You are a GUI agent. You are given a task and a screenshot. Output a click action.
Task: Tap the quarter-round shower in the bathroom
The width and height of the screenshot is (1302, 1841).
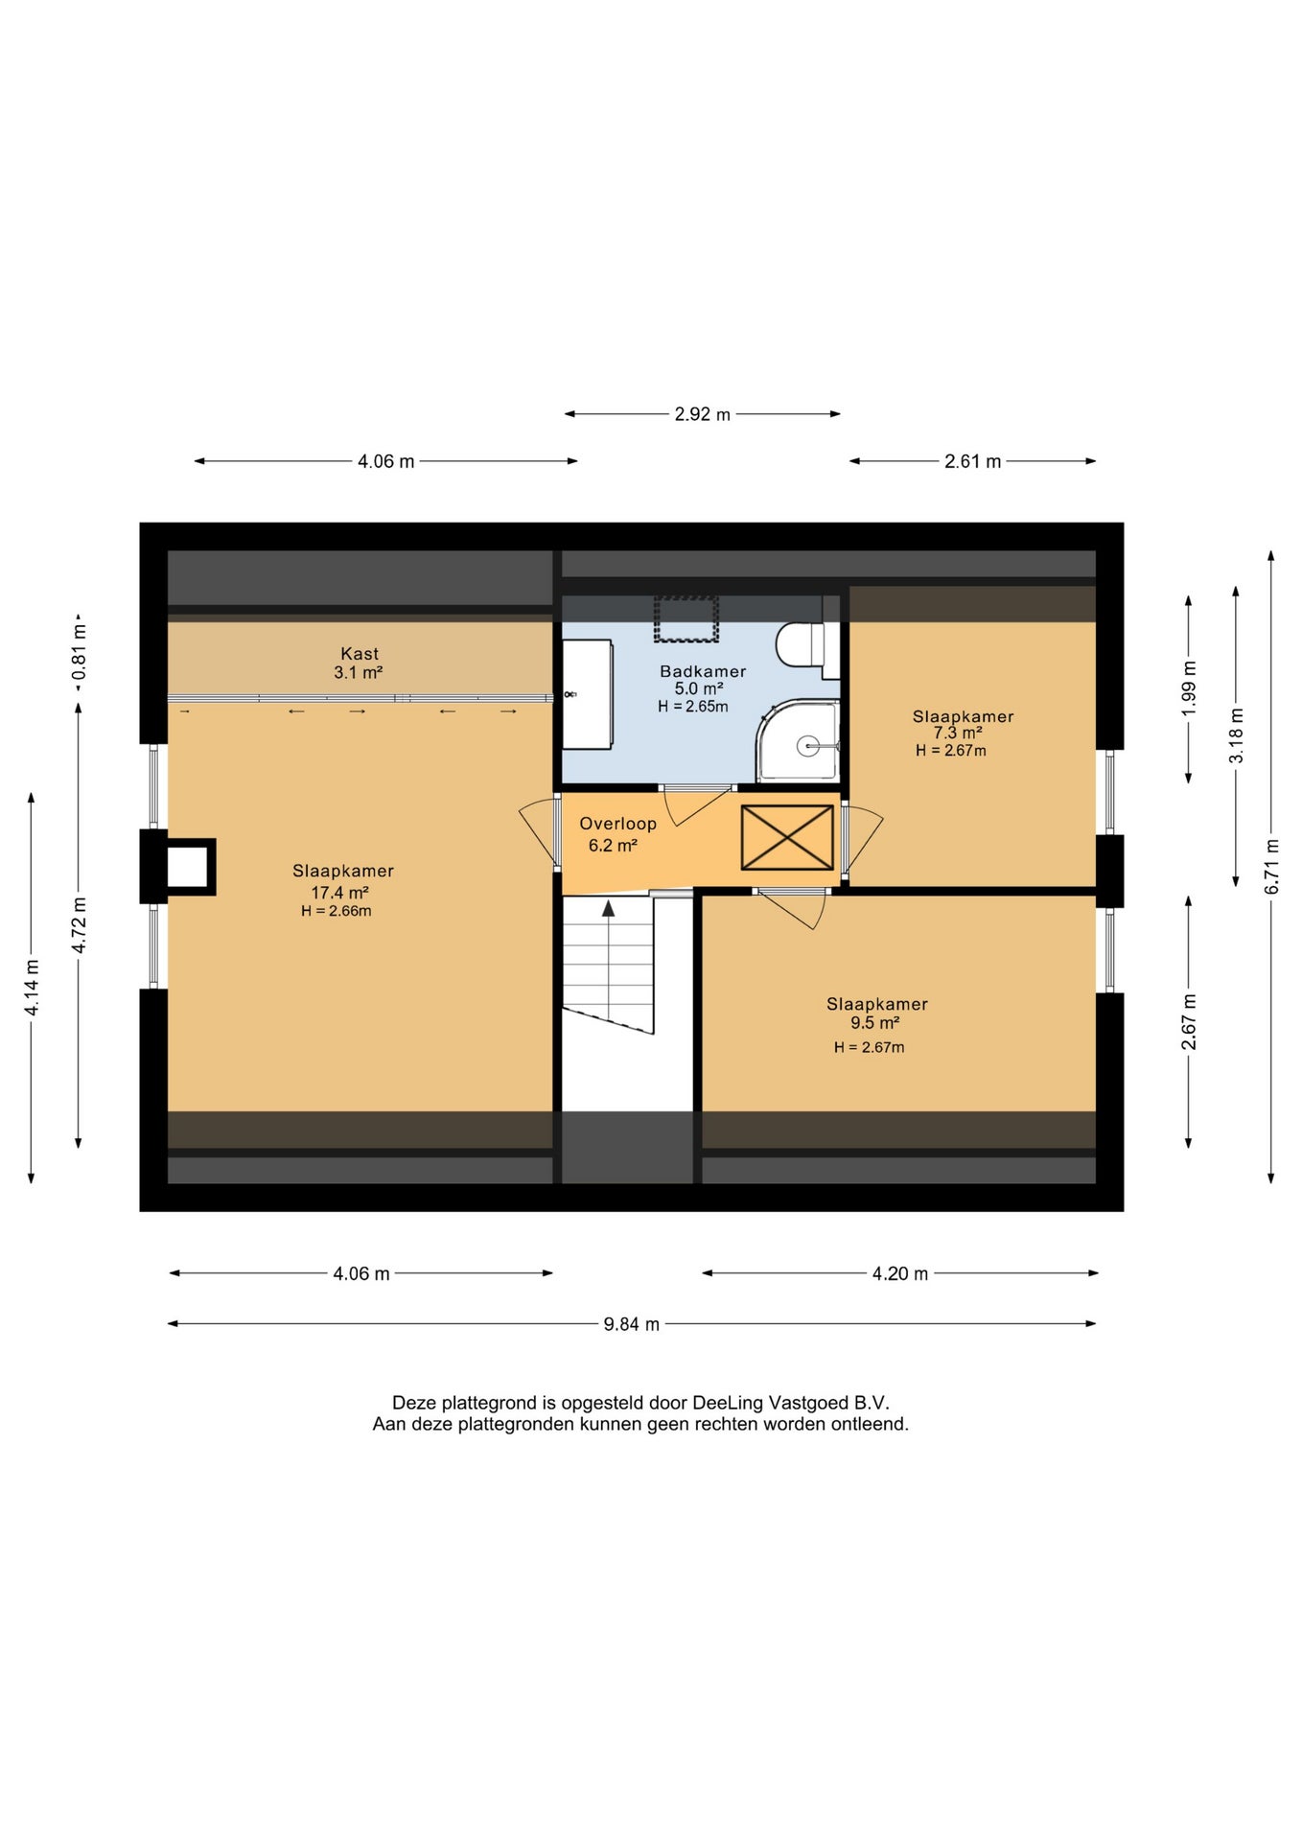798,740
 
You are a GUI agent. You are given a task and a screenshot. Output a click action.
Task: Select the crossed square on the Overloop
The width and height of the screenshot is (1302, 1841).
787,838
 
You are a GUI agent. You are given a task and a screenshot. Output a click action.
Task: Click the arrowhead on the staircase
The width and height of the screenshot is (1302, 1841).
608,908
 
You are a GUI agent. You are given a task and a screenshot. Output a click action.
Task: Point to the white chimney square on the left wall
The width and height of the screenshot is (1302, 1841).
188,867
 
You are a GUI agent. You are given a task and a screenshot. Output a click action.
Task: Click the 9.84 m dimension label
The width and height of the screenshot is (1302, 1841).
631,1324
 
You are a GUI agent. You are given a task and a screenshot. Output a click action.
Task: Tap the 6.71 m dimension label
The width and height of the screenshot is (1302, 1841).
1271,867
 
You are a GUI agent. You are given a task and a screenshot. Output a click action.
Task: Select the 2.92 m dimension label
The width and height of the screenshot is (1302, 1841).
702,414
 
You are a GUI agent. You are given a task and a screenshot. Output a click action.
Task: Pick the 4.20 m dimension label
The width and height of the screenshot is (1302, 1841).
899,1273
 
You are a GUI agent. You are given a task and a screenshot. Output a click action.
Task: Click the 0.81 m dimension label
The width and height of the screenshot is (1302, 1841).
79,653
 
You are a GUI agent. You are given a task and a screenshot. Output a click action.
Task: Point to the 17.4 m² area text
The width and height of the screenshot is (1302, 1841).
339,893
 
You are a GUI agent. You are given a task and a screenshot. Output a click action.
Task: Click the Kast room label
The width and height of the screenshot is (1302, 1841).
360,654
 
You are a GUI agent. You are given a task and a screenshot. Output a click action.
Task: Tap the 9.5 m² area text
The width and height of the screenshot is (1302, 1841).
874,1023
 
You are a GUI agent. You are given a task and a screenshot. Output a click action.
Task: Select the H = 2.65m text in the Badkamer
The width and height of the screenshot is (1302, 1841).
693,707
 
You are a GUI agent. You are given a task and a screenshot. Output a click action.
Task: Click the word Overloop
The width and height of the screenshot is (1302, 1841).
617,824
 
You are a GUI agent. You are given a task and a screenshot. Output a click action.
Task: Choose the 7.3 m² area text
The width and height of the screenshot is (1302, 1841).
958,733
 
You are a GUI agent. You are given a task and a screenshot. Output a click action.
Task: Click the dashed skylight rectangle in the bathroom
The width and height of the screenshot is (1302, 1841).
686,619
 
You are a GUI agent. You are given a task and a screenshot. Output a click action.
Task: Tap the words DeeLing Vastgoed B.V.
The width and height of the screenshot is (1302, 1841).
791,1403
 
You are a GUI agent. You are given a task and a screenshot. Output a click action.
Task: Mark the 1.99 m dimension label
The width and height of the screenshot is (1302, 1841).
1189,688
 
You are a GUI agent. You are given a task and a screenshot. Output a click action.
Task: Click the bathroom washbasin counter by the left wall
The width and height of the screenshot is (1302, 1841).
587,694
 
